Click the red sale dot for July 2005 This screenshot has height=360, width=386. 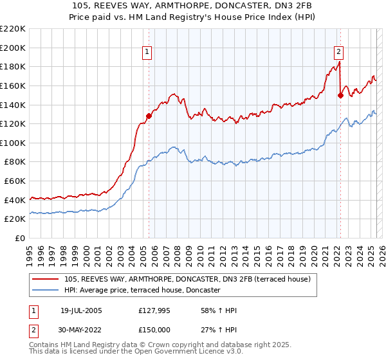149,116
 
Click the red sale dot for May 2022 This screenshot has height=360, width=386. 340,95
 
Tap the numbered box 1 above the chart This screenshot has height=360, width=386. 147,53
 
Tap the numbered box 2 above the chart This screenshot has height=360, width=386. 338,53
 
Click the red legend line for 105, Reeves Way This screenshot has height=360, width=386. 45,279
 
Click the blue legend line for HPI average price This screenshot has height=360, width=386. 45,290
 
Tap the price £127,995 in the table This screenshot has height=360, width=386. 153,310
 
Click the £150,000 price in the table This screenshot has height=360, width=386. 153,330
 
